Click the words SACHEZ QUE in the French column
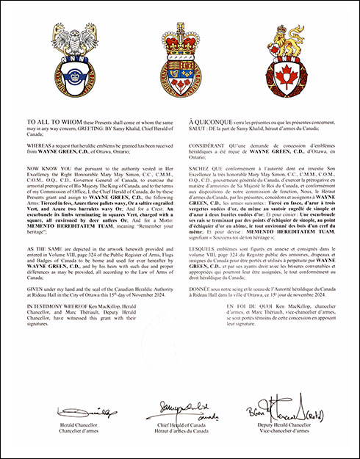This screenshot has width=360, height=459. click(x=206, y=168)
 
